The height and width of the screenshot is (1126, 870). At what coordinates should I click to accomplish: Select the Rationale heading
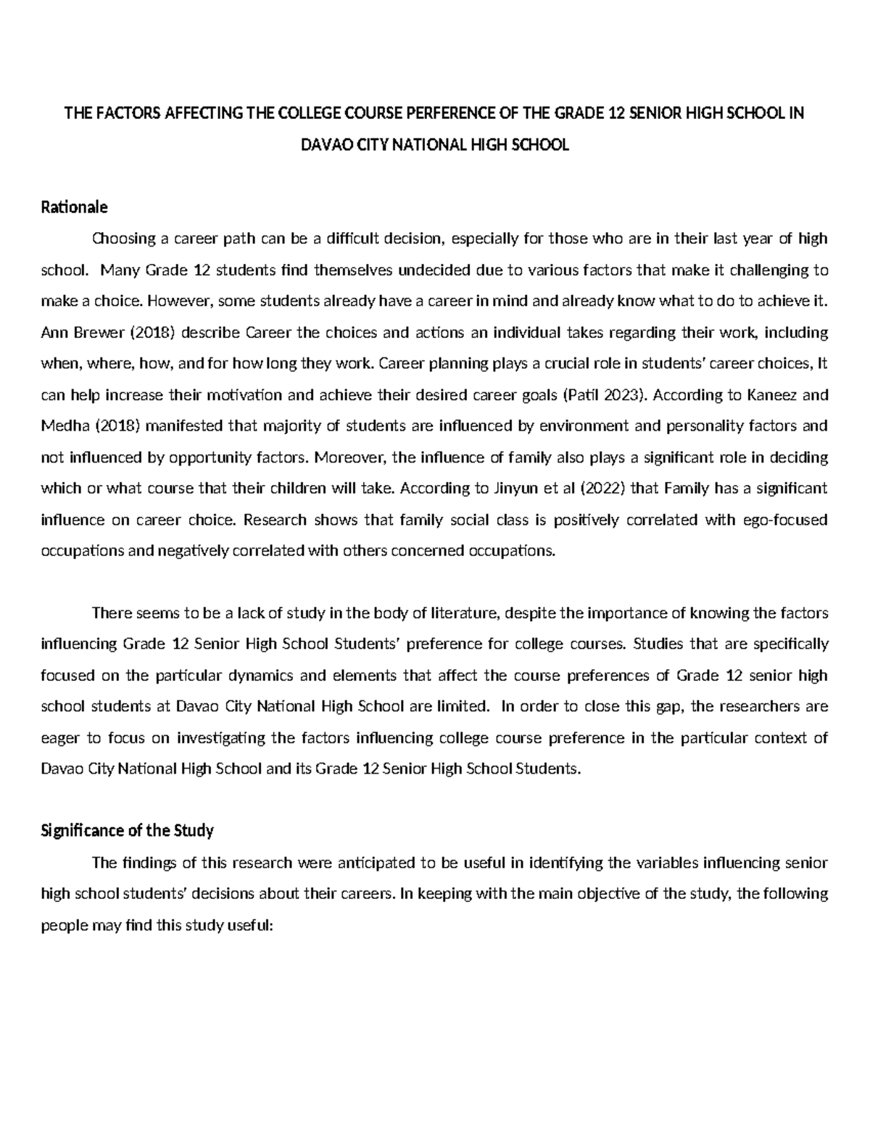tap(74, 207)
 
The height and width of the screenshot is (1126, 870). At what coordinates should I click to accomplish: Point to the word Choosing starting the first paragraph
tap(121, 239)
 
